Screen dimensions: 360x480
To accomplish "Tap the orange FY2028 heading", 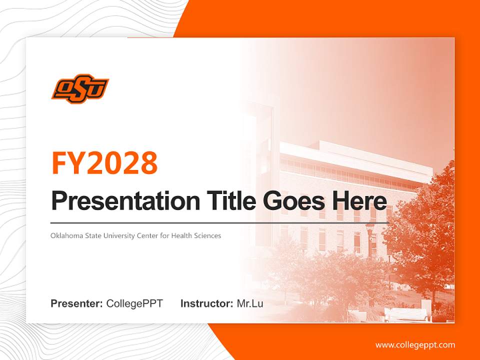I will (104, 163).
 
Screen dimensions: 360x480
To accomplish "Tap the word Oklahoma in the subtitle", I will (65, 235).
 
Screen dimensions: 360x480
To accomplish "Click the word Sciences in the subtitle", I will (207, 235).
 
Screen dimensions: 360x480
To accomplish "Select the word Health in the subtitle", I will (181, 235).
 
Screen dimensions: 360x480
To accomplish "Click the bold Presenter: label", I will (77, 303).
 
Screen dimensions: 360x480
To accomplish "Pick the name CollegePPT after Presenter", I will (134, 303).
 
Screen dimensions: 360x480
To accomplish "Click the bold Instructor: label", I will (206, 303).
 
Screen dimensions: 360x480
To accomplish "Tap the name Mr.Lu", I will (250, 303).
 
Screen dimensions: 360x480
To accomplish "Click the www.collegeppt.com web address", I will (415, 345).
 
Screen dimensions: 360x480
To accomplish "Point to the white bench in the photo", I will (406, 314).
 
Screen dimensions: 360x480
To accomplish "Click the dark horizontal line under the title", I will (219, 222).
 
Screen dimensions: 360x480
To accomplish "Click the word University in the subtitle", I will (118, 235).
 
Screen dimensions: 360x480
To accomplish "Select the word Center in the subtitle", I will (147, 235).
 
